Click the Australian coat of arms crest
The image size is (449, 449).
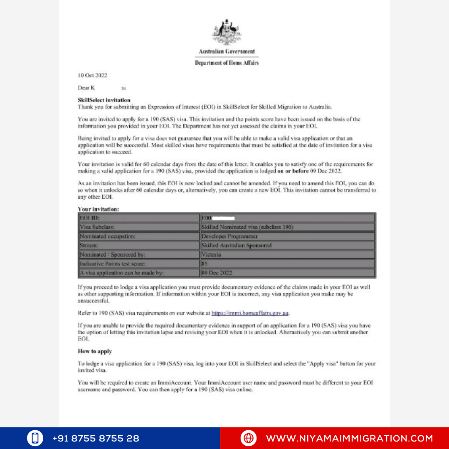[227, 32]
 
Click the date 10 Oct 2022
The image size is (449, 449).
[92, 75]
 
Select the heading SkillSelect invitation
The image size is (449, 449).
[104, 100]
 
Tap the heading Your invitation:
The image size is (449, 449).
[101, 210]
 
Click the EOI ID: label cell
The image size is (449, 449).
[139, 218]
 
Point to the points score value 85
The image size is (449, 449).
[205, 264]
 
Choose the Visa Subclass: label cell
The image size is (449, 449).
[139, 227]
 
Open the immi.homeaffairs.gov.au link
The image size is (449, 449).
[250, 313]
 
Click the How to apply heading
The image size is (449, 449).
[95, 351]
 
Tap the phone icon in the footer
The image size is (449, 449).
[35, 438]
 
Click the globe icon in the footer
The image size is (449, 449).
[249, 438]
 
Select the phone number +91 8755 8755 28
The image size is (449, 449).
[96, 438]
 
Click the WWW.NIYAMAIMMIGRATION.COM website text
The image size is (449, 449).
[349, 438]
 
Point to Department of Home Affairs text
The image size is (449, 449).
[227, 63]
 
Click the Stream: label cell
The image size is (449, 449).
[139, 245]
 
